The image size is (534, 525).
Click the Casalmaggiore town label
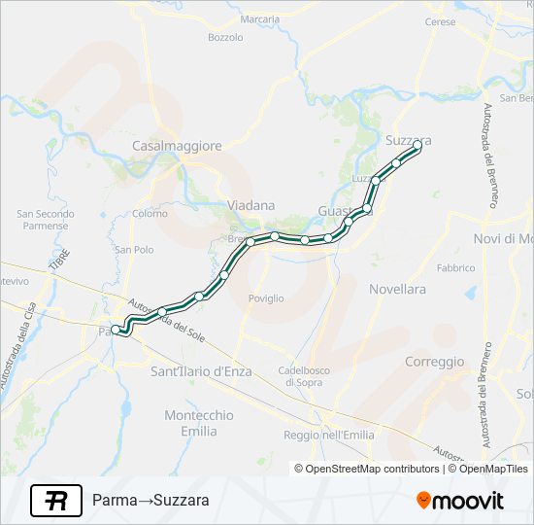click(177, 146)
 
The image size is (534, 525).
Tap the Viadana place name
click(250, 206)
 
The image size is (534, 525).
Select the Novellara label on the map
click(397, 290)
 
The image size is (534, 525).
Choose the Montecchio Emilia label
click(198, 423)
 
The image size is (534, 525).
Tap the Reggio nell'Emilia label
click(328, 435)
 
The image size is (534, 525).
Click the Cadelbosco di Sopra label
click(313, 376)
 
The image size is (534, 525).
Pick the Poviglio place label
click(266, 298)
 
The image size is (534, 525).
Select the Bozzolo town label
click(225, 38)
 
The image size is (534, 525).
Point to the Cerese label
click(440, 21)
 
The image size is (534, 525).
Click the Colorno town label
click(150, 213)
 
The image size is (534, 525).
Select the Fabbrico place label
click(455, 267)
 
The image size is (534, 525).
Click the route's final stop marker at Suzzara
click(417, 145)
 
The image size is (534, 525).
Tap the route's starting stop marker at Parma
click(116, 330)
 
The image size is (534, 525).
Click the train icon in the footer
click(56, 501)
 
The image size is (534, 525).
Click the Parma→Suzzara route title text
click(150, 502)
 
